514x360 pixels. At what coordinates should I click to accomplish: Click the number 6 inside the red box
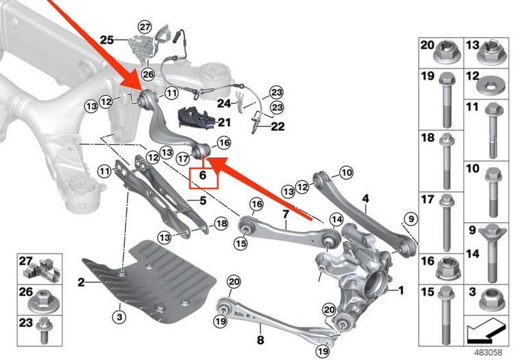click(x=203, y=176)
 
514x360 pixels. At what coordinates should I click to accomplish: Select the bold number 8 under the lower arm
click(x=260, y=339)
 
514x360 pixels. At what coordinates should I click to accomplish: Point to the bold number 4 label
click(x=365, y=199)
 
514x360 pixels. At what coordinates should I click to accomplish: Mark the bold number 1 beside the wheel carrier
click(x=401, y=290)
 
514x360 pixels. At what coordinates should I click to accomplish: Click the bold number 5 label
click(x=203, y=200)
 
